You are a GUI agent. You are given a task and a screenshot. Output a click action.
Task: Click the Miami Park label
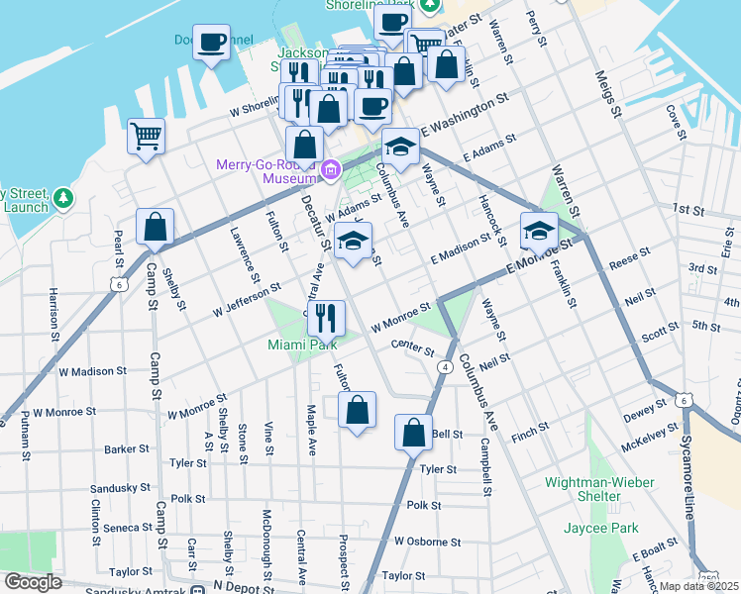[302, 345]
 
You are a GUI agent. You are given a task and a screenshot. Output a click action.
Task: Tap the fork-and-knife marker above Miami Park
[325, 318]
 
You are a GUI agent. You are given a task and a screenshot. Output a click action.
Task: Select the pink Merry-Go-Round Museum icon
[331, 171]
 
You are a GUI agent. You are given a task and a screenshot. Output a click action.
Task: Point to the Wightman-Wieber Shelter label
[595, 490]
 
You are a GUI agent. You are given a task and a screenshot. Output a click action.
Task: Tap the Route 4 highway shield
[446, 367]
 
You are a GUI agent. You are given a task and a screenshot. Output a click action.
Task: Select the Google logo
[33, 582]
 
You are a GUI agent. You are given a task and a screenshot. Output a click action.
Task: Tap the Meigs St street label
[606, 94]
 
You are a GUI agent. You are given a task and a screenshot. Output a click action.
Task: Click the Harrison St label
[52, 312]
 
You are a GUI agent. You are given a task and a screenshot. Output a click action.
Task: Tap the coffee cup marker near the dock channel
[211, 43]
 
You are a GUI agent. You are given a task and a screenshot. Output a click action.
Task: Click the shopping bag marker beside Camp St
[156, 227]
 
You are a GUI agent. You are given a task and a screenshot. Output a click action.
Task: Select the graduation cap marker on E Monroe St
[539, 231]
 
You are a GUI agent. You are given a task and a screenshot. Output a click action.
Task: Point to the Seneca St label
[123, 528]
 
